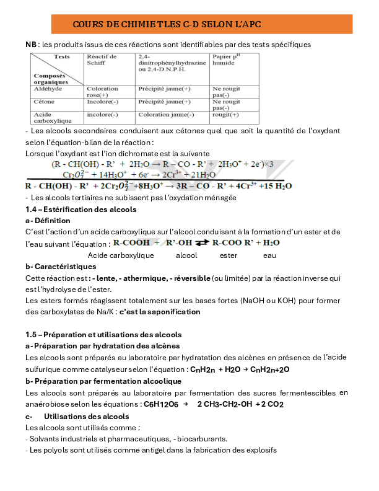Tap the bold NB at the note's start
(x=31, y=45)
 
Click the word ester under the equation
(x=229, y=255)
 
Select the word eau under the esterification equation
(x=269, y=255)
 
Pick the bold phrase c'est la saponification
(x=160, y=312)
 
